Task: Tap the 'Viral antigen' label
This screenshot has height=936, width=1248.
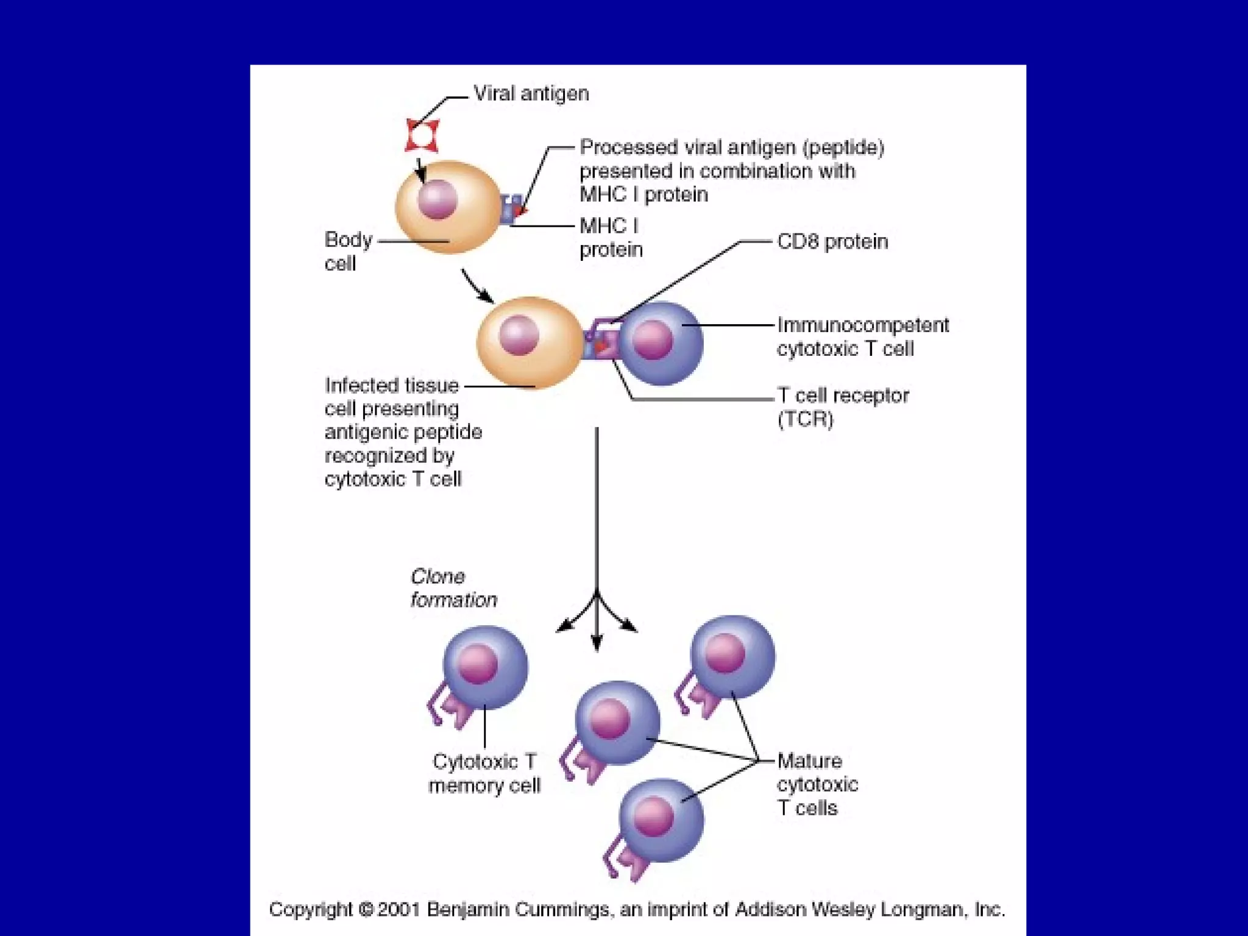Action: [531, 94]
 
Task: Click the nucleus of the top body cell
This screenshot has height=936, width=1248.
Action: [437, 199]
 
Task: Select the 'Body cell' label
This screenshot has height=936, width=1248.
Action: [347, 251]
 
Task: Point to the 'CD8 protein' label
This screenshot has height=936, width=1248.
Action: [832, 242]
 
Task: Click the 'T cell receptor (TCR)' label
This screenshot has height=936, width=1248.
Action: [843, 407]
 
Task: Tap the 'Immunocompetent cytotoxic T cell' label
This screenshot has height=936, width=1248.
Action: [862, 337]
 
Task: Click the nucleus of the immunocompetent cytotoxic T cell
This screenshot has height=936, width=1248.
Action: [653, 339]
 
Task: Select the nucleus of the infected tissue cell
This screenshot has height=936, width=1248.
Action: [519, 335]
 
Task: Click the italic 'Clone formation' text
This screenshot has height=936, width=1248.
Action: [453, 588]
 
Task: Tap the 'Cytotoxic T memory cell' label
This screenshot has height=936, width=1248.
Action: [484, 773]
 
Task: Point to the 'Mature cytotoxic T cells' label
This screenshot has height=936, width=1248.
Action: [817, 784]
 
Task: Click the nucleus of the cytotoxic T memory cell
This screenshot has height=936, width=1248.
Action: [477, 664]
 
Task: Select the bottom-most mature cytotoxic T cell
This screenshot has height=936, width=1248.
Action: [661, 820]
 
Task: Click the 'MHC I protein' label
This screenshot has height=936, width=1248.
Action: [611, 238]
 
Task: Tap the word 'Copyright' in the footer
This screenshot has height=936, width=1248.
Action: [310, 909]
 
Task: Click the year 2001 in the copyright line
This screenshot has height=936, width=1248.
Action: [399, 909]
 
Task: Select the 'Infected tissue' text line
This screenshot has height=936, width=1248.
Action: [391, 386]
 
